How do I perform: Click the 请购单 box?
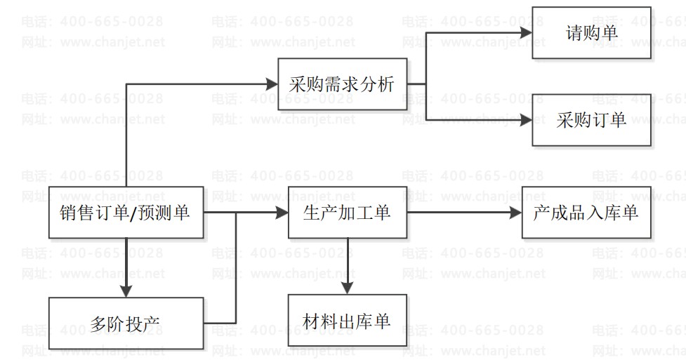(591, 32)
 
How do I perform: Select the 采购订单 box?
(591, 120)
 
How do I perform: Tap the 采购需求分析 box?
(342, 85)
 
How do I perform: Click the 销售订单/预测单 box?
(126, 212)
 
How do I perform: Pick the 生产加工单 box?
(347, 212)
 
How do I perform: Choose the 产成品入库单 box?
(586, 212)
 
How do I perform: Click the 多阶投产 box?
(126, 324)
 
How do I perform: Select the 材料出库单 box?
(347, 321)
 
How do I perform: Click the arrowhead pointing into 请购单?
(526, 32)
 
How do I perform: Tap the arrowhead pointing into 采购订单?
(526, 120)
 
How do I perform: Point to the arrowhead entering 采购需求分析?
(272, 85)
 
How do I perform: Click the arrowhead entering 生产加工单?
(282, 212)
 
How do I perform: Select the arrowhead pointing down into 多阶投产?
(126, 291)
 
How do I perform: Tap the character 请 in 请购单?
(574, 32)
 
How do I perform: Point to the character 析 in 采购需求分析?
(385, 85)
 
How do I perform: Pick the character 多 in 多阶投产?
(99, 324)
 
